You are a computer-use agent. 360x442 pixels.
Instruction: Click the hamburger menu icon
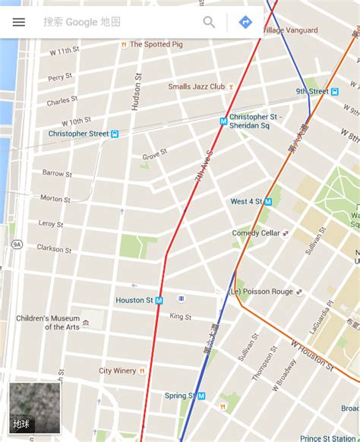pyautogui.click(x=19, y=22)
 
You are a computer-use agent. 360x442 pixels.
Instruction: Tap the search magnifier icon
pyautogui.click(x=209, y=22)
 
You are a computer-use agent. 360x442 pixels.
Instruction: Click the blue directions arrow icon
pyautogui.click(x=245, y=22)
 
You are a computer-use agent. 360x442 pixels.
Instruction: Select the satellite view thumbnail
pyautogui.click(x=34, y=408)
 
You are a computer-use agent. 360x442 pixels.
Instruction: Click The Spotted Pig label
pyautogui.click(x=156, y=45)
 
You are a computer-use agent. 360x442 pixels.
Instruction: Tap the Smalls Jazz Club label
pyautogui.click(x=197, y=87)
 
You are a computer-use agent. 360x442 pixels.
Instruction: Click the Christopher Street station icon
pyautogui.click(x=115, y=134)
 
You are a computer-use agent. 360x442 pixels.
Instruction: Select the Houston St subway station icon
pyautogui.click(x=159, y=301)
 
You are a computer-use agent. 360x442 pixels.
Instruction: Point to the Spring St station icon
pyautogui.click(x=202, y=396)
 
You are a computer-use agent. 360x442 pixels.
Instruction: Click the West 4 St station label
pyautogui.click(x=246, y=201)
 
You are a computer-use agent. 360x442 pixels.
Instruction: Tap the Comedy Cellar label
pyautogui.click(x=256, y=233)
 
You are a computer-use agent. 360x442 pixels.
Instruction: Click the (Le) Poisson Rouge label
pyautogui.click(x=261, y=292)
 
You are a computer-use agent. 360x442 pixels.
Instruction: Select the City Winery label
pyautogui.click(x=117, y=371)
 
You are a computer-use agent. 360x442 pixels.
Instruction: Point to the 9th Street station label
pyautogui.click(x=312, y=91)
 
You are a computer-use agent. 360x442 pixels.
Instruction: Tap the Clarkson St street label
pyautogui.click(x=55, y=248)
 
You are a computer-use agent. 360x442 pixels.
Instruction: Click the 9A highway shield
pyautogui.click(x=16, y=245)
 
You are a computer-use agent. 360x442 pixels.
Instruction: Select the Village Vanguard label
pyautogui.click(x=289, y=30)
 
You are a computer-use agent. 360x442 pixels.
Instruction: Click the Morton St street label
pyautogui.click(x=55, y=198)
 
